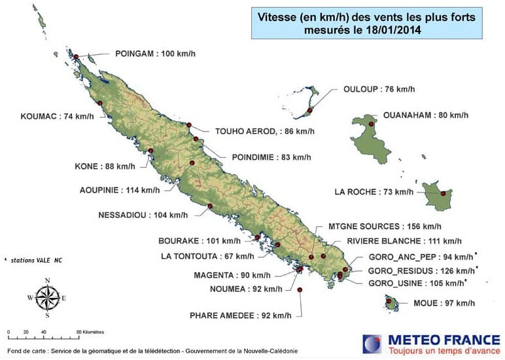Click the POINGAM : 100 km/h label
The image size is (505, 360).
(155, 53)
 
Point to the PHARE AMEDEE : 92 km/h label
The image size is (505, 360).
(241, 315)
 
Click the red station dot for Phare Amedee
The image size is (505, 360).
(300, 289)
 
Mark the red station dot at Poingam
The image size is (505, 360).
(76, 57)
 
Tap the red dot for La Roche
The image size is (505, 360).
(443, 193)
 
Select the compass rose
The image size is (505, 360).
(47, 298)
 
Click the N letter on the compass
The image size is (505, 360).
(47, 280)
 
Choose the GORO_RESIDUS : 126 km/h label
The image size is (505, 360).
(421, 270)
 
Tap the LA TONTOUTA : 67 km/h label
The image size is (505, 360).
(207, 256)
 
